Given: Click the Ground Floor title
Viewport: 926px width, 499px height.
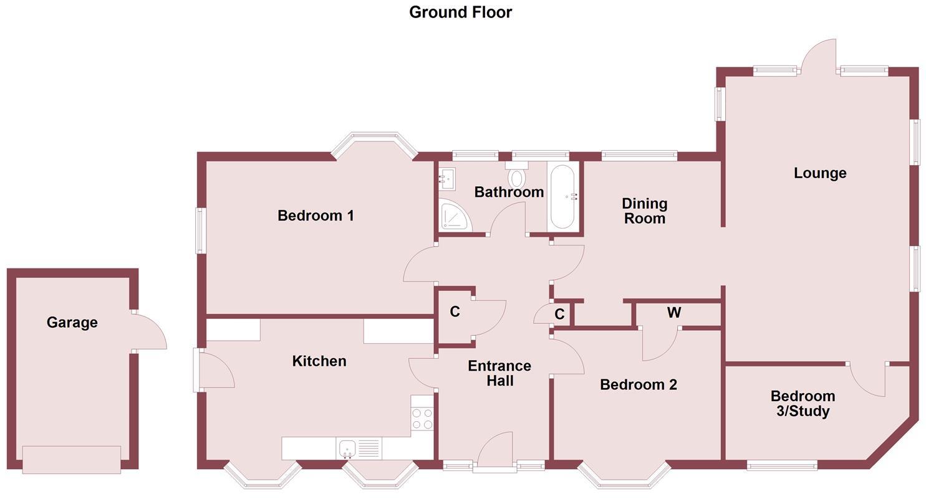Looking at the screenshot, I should coord(460,12).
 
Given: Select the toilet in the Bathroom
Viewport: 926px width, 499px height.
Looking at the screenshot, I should coord(516,177).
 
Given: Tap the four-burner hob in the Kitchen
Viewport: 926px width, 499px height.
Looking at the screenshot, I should coord(422,418).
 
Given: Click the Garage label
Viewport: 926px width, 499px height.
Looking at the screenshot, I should coord(72,322).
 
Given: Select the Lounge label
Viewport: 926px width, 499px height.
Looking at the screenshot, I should coord(820,173).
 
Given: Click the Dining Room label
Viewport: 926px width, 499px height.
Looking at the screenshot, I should coord(644,211).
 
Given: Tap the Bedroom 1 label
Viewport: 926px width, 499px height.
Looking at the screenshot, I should coord(316,216).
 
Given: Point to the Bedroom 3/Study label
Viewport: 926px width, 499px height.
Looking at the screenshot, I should coord(802,403).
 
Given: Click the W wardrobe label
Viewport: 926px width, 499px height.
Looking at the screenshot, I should coord(673,313).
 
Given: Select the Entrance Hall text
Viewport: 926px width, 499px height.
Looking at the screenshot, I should coord(499,373).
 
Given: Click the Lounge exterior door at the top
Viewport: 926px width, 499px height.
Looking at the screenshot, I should coord(817,57).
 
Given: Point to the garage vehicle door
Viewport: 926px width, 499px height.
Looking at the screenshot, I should coord(72,460).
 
